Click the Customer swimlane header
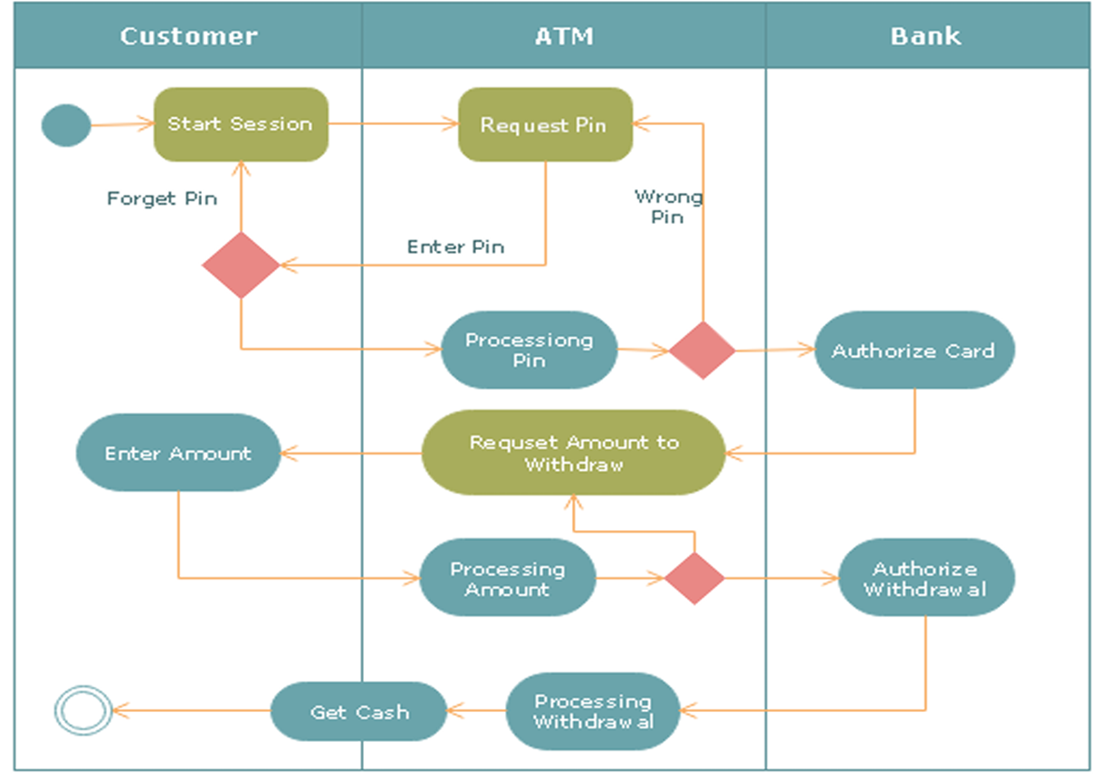point(188,35)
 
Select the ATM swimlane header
point(564,35)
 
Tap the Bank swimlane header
point(928,35)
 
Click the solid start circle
point(66,125)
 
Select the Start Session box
point(241,125)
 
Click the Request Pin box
point(545,125)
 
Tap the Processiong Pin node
point(530,350)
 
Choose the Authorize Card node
point(914,350)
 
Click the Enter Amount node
point(178,453)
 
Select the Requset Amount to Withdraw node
point(573,453)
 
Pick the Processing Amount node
point(508,577)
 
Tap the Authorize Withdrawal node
point(927,577)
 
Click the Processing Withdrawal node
point(593,711)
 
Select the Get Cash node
point(358,711)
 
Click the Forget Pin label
point(162,198)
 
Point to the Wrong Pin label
point(668,207)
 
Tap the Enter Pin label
point(455,246)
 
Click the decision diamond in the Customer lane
point(241,265)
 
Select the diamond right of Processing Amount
point(695,578)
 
